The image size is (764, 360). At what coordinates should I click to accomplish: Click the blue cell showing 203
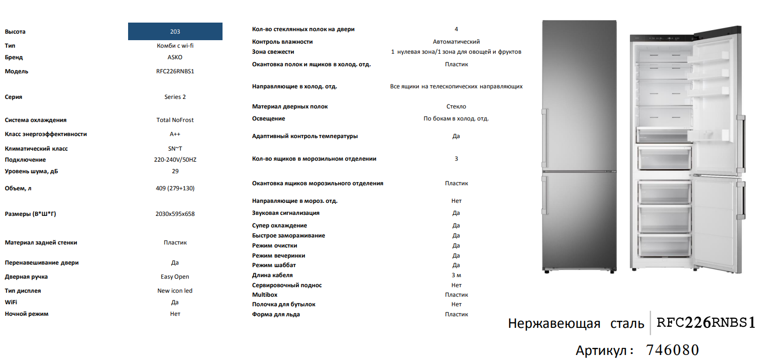pyautogui.click(x=175, y=32)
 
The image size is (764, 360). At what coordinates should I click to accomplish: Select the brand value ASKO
pyautogui.click(x=175, y=57)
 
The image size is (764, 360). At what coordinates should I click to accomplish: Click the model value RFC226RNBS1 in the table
pyautogui.click(x=175, y=71)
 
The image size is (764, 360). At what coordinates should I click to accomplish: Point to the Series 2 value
pyautogui.click(x=175, y=97)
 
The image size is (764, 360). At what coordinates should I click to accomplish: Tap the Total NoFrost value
pyautogui.click(x=175, y=120)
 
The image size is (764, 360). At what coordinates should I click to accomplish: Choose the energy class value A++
pyautogui.click(x=175, y=134)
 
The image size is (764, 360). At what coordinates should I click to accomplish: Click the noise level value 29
pyautogui.click(x=175, y=171)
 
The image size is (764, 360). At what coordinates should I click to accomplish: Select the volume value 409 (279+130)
pyautogui.click(x=175, y=188)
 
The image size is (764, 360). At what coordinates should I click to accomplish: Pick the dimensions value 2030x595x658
pyautogui.click(x=175, y=214)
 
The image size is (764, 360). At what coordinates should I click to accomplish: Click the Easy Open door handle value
pyautogui.click(x=175, y=277)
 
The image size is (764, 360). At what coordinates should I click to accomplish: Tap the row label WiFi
pyautogui.click(x=11, y=302)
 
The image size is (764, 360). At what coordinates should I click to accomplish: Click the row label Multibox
pyautogui.click(x=265, y=295)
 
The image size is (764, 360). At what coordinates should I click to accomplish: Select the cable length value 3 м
pyautogui.click(x=456, y=275)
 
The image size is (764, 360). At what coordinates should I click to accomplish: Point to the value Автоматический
pyautogui.click(x=456, y=42)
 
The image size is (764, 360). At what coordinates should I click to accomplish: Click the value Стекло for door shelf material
pyautogui.click(x=456, y=106)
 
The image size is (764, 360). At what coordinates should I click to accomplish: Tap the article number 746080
pyautogui.click(x=672, y=349)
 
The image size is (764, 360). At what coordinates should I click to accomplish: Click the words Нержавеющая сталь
pyautogui.click(x=576, y=323)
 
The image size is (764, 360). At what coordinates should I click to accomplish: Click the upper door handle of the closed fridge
pyautogui.click(x=543, y=135)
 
